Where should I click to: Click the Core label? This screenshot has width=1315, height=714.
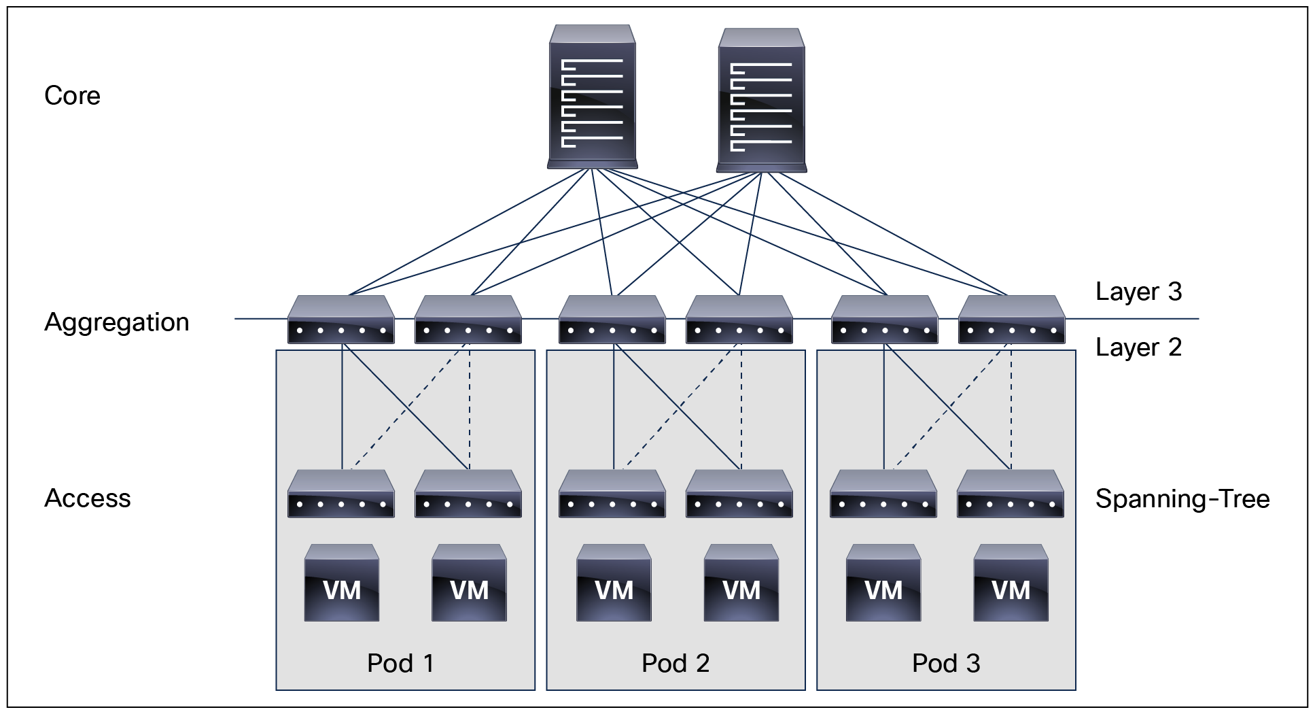click(x=72, y=96)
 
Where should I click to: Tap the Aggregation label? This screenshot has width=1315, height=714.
click(x=116, y=322)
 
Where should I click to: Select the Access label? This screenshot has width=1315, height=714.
click(x=87, y=498)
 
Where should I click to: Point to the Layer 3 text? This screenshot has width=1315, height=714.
click(x=1138, y=292)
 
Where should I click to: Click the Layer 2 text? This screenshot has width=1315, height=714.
click(x=1138, y=347)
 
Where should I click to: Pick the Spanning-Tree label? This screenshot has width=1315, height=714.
click(x=1182, y=499)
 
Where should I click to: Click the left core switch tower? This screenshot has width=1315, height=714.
click(x=592, y=97)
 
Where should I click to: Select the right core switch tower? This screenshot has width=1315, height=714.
click(x=761, y=101)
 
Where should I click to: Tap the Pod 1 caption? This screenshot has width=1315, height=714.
click(x=400, y=663)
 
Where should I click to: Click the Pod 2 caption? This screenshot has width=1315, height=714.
click(x=675, y=663)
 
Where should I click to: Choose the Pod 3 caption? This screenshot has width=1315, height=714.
click(x=945, y=663)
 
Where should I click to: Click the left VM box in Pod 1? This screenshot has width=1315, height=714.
click(x=341, y=583)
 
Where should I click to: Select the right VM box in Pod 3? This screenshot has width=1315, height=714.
click(x=1011, y=583)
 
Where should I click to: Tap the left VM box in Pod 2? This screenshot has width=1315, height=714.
click(x=614, y=583)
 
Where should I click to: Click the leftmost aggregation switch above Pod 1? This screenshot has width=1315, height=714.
click(x=341, y=320)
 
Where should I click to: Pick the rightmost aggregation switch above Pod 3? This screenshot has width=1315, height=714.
click(x=1011, y=320)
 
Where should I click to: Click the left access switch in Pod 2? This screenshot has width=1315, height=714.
click(x=612, y=494)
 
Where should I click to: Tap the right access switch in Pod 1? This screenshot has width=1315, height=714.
click(x=468, y=494)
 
